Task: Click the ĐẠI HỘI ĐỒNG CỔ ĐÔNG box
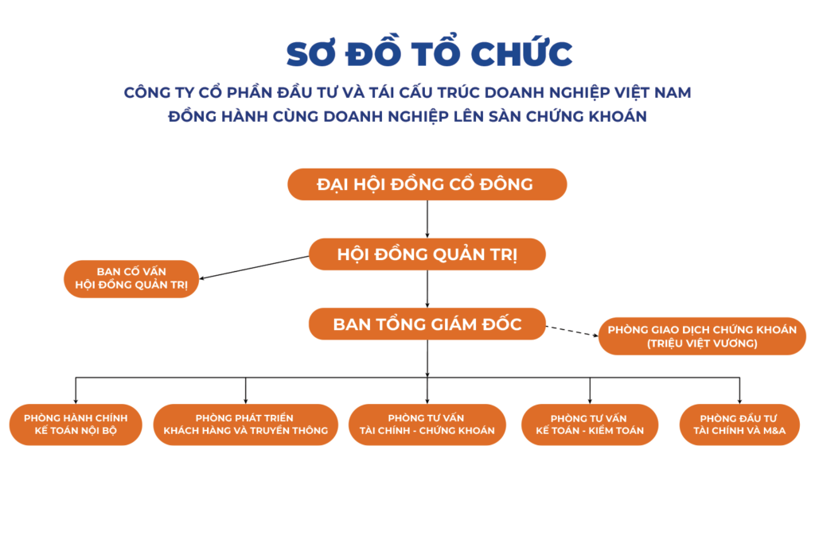coord(427,184)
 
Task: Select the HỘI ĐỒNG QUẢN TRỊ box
coord(427,254)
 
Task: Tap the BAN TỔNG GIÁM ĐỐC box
coord(427,324)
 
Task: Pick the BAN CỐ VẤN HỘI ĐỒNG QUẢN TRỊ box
coord(131,279)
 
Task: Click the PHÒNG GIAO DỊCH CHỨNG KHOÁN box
coord(702,336)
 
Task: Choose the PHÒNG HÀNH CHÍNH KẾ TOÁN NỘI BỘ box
coord(76,425)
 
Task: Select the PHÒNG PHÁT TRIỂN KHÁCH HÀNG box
coord(245,425)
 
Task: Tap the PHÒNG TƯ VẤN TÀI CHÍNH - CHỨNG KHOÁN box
coord(427,425)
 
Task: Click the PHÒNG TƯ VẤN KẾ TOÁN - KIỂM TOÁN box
coord(590,425)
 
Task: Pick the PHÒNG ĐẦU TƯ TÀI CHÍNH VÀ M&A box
coord(739,425)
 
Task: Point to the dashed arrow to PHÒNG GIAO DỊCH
coord(572,332)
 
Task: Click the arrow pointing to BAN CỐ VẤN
coord(254,267)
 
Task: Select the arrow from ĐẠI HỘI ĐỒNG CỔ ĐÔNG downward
coord(427,219)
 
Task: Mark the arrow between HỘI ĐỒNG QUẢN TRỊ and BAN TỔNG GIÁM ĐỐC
coord(427,289)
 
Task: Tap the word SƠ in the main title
coord(310,54)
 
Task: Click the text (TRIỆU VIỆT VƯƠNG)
coord(702,343)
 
